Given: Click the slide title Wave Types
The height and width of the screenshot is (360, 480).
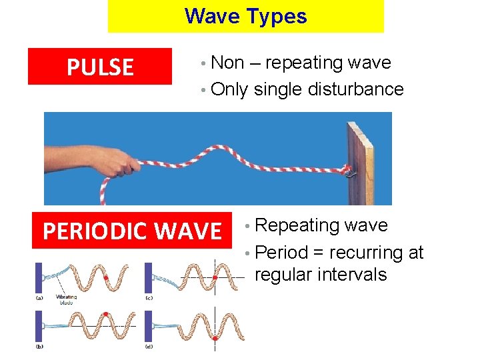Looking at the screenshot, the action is click(x=246, y=16).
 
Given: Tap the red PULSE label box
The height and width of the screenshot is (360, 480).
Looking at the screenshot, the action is click(x=99, y=67).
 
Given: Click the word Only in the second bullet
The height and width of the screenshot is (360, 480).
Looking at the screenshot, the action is click(x=229, y=89).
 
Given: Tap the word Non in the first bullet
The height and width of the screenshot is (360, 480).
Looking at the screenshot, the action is click(x=227, y=63).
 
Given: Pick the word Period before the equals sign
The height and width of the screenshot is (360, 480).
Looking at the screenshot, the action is click(x=281, y=253).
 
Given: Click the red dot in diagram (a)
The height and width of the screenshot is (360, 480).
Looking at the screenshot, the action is click(x=105, y=277).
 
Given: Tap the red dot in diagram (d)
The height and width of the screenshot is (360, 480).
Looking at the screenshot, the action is click(x=215, y=339).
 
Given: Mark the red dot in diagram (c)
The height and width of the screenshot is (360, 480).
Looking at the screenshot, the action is click(x=215, y=275).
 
